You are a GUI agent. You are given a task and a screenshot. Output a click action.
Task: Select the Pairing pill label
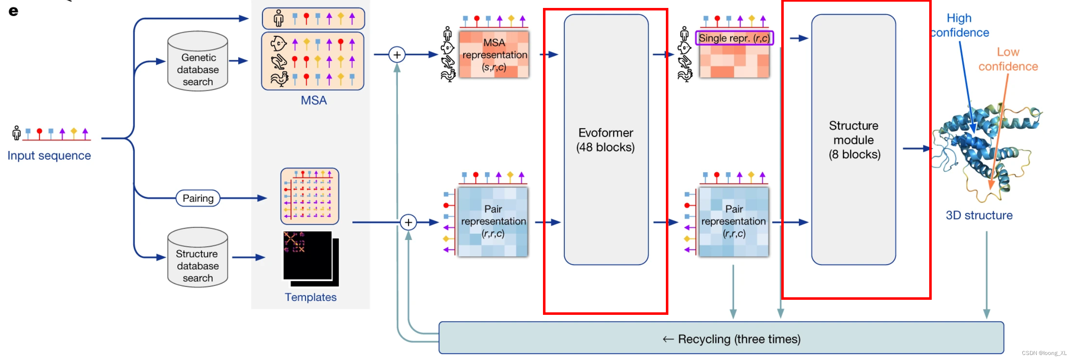point(198,198)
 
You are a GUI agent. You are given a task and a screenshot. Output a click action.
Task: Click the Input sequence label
point(49,156)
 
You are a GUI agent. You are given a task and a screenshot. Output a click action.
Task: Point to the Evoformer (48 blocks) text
point(606,140)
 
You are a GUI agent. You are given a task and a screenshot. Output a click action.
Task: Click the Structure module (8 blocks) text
point(854,140)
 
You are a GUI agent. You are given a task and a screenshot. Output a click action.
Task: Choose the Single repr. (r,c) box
point(734,38)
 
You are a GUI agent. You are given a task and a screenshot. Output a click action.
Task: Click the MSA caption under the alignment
point(313,100)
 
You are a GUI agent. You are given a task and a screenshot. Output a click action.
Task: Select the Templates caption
point(311,297)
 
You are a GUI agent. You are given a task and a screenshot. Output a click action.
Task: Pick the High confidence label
point(960,26)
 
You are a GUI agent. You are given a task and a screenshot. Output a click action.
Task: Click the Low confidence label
point(1008,59)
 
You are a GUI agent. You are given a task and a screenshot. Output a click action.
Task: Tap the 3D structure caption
point(979,215)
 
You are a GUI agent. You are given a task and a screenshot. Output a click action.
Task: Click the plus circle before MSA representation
point(397,54)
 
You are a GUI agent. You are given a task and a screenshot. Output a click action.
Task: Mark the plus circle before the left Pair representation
point(408,222)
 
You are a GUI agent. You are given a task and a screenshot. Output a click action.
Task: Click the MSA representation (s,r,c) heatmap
point(494,55)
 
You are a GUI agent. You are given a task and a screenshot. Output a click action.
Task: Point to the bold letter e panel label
point(13,11)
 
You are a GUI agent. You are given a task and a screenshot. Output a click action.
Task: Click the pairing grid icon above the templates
point(310,196)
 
